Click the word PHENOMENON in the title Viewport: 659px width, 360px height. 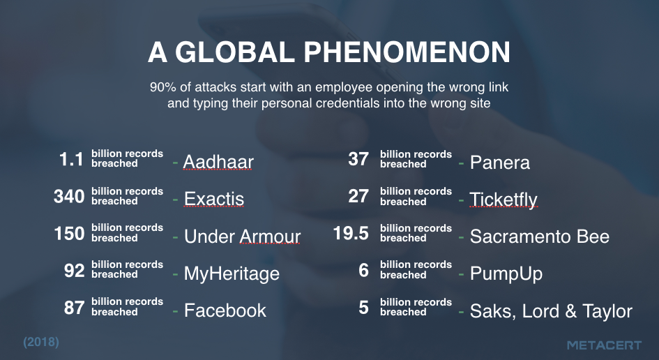point(407,52)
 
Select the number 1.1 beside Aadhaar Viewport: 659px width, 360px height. point(71,159)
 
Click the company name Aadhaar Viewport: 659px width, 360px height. point(218,162)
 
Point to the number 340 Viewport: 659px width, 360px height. point(69,197)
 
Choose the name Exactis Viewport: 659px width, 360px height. point(214,199)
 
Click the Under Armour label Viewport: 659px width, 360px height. point(242,237)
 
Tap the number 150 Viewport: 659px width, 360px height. point(69,234)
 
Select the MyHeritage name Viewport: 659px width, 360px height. point(232,273)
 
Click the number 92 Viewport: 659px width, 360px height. point(75,271)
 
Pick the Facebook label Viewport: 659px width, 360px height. point(225,310)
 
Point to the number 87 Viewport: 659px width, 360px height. point(75,308)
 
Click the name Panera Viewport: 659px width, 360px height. point(500,163)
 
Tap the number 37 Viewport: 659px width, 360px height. point(358,159)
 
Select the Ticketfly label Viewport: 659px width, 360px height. point(503,200)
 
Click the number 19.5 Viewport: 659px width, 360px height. point(351,234)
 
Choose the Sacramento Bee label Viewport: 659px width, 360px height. point(540,237)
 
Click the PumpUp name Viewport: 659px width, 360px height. point(506,273)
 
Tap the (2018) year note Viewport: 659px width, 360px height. point(41,342)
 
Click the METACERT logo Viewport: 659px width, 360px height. point(605,345)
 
